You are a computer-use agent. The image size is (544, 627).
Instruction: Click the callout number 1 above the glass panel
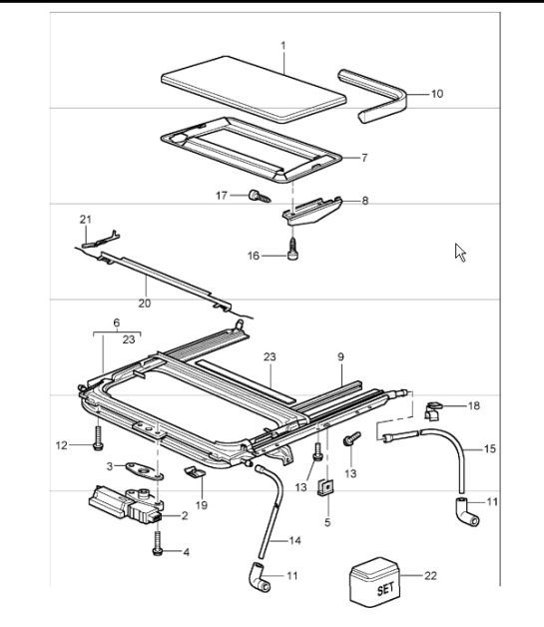[283, 46]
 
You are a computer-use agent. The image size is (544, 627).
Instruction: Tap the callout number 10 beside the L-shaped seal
[437, 94]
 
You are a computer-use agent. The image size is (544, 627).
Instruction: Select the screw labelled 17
[260, 196]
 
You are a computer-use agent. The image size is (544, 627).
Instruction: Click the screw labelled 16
[293, 249]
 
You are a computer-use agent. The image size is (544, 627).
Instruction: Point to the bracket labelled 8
[312, 211]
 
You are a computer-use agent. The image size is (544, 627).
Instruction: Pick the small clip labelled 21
[101, 240]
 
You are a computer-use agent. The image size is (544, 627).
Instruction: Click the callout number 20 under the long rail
[145, 304]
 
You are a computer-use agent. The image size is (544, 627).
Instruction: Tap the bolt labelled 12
[98, 438]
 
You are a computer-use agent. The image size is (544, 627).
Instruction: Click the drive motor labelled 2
[126, 504]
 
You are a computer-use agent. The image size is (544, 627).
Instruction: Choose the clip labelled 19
[195, 472]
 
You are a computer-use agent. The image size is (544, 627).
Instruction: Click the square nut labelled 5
[326, 487]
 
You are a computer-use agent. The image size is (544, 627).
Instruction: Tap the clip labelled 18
[433, 411]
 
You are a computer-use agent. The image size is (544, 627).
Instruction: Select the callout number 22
[430, 576]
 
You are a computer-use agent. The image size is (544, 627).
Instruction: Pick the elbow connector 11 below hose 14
[259, 577]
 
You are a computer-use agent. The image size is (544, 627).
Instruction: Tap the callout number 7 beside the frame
[364, 158]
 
